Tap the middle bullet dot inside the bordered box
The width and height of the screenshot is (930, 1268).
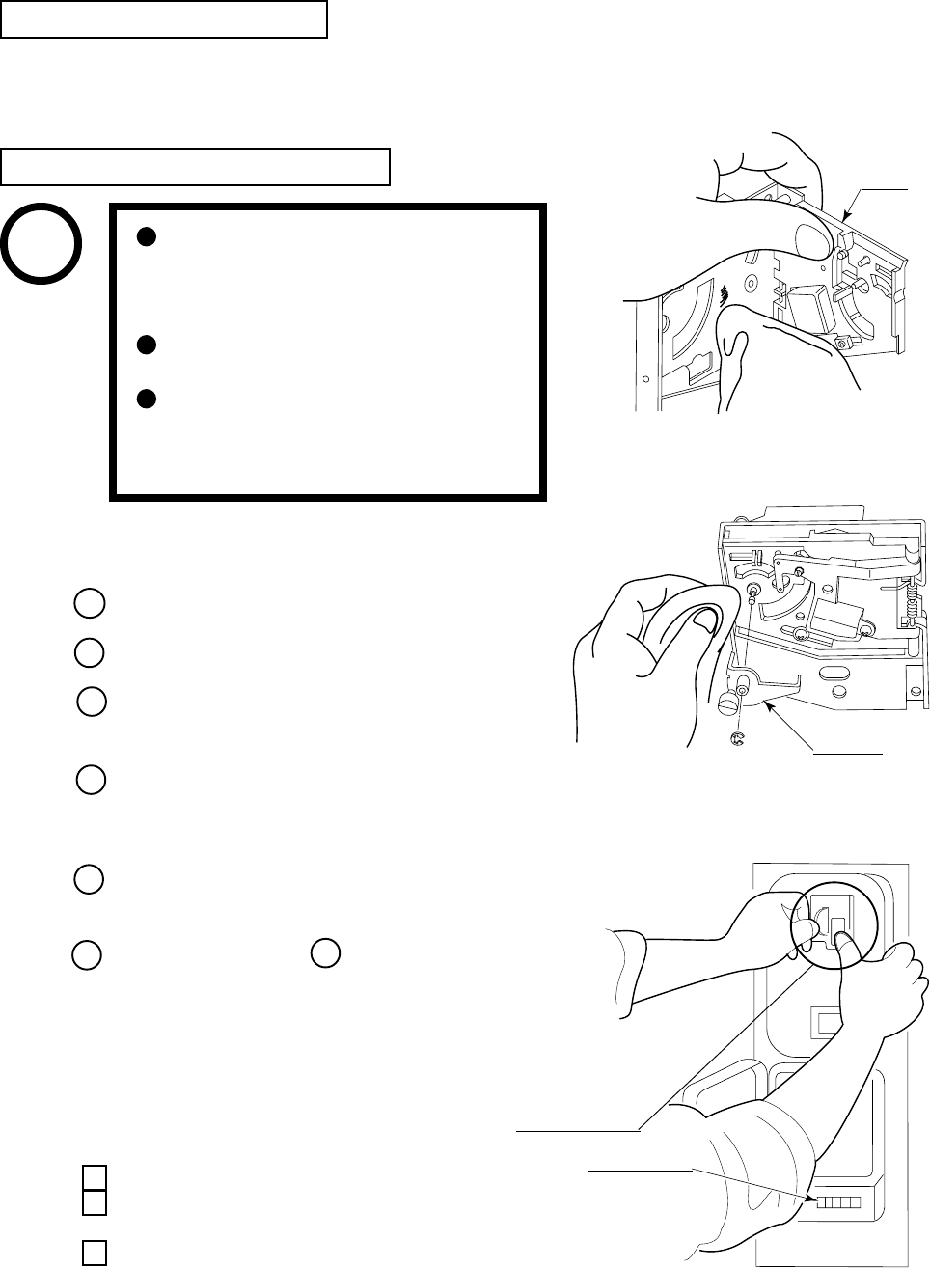click(x=145, y=345)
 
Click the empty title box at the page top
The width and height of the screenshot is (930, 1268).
click(x=164, y=19)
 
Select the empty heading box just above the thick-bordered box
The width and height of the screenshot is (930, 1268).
click(x=196, y=166)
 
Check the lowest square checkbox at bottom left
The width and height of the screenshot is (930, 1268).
click(x=93, y=1252)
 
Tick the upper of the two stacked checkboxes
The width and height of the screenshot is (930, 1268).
click(x=93, y=1177)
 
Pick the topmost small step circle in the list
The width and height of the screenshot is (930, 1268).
click(x=88, y=603)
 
